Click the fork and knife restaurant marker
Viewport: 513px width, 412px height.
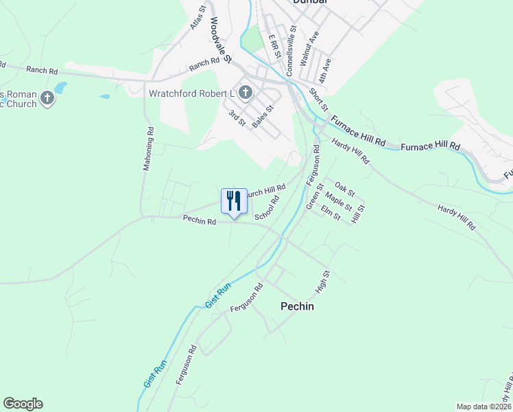[x=234, y=201]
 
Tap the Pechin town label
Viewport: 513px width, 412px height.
[x=298, y=306]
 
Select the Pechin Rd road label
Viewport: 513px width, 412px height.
[x=200, y=220]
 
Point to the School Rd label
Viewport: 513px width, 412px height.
[x=266, y=208]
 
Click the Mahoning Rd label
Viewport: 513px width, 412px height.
[x=148, y=148]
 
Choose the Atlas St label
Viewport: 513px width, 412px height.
[x=198, y=19]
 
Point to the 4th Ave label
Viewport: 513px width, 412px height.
[x=325, y=71]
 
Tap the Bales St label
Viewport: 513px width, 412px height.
[x=263, y=116]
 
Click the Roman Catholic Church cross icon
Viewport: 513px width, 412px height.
[x=47, y=99]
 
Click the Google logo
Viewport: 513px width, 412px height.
[x=23, y=404]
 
